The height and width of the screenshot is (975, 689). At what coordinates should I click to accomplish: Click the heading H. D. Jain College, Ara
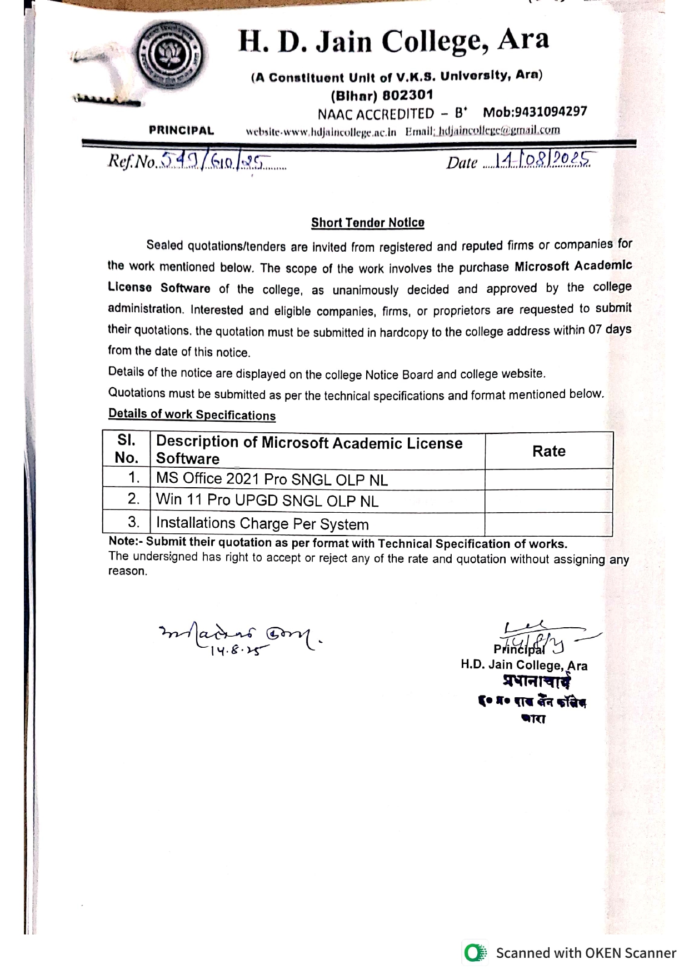click(393, 41)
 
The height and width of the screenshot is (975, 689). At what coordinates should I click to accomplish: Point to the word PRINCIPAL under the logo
click(181, 131)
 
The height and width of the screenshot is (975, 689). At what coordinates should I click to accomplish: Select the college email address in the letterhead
click(498, 131)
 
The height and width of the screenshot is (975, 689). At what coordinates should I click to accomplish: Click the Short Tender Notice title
click(367, 223)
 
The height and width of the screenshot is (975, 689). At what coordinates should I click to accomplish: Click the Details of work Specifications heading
click(192, 414)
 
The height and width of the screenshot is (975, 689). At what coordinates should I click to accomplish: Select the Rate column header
click(548, 451)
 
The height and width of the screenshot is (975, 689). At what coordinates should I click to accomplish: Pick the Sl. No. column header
click(127, 449)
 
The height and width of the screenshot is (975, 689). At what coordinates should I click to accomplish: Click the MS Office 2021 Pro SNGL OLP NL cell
click(272, 479)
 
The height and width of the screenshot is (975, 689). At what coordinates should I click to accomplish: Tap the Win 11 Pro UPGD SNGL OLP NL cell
click(267, 500)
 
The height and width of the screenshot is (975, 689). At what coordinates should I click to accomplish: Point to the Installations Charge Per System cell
click(262, 523)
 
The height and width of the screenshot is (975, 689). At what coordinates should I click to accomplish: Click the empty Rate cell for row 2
click(548, 501)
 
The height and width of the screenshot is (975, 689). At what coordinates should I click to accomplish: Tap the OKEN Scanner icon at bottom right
click(475, 953)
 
